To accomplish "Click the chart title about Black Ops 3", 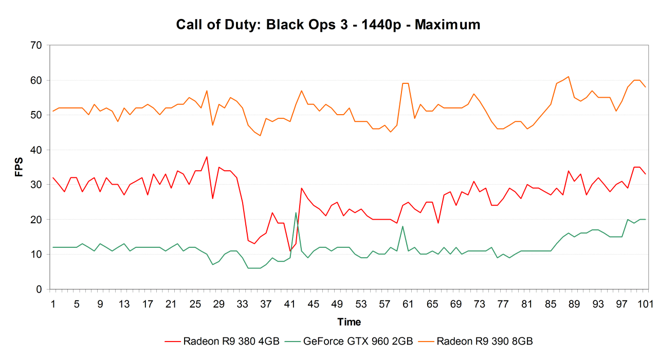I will [x=328, y=25].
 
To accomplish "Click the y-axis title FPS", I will [x=19, y=167].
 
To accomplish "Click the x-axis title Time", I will [x=349, y=322].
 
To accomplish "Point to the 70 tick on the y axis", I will [x=35, y=45].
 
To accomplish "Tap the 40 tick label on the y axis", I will [x=35, y=150].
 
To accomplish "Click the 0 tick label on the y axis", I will [x=39, y=290].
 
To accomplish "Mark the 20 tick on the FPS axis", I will [x=35, y=220].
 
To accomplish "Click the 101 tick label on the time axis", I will [x=645, y=304].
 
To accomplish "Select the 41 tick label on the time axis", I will [x=289, y=304].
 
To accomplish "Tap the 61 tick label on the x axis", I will [x=408, y=304].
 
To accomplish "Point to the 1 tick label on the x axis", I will [x=53, y=304].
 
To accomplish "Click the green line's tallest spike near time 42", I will [x=296, y=213].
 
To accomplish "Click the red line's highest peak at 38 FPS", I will [x=207, y=157].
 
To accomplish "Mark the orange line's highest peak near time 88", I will [x=568, y=77].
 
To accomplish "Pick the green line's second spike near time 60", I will [x=403, y=226].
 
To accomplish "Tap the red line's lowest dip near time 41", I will [x=290, y=250].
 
